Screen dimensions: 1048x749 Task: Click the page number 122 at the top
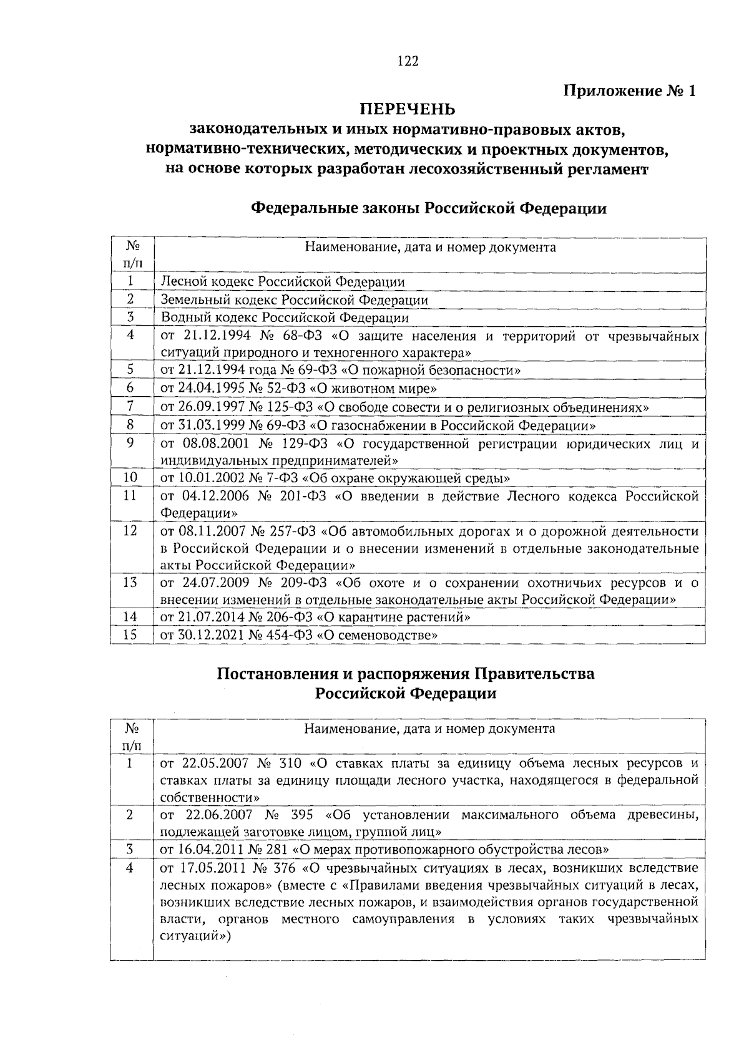pos(408,61)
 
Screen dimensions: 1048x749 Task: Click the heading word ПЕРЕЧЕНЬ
pos(408,110)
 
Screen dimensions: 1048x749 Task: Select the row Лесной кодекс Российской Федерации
pos(283,282)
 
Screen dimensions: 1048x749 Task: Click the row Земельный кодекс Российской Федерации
pos(295,300)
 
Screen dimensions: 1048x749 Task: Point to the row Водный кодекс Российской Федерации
pos(285,318)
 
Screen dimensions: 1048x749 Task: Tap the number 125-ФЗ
pos(291,407)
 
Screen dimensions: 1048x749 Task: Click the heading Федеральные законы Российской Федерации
pos(428,208)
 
